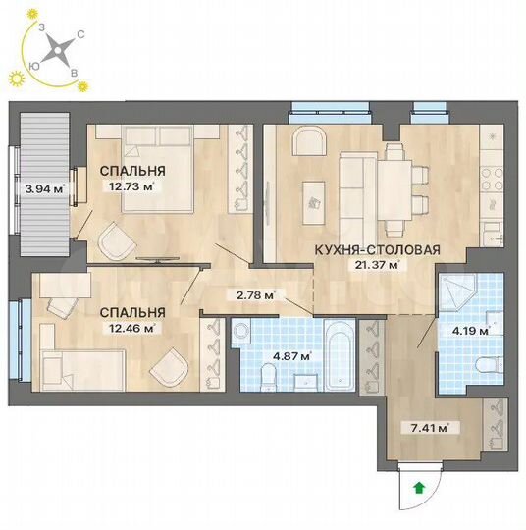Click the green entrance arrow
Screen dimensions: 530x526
420,486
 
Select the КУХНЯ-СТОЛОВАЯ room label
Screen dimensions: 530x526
376,249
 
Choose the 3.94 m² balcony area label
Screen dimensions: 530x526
44,189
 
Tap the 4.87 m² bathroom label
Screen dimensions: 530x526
291,356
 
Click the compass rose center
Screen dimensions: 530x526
57,48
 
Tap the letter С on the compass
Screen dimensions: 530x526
80,34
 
